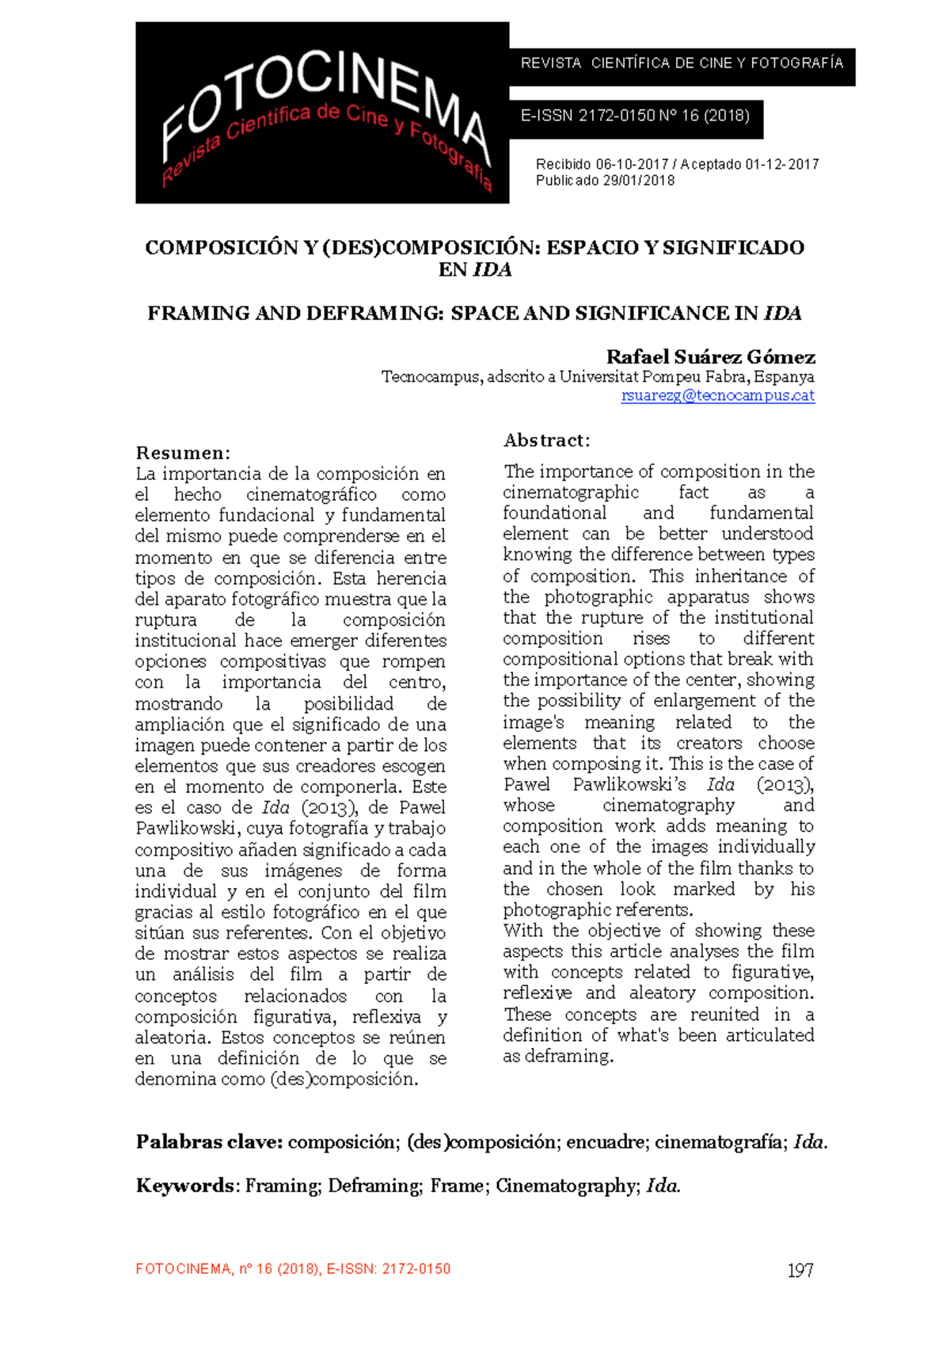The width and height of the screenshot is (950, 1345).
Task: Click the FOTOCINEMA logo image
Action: tap(322, 112)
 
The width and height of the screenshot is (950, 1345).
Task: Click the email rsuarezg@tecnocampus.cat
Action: tap(717, 395)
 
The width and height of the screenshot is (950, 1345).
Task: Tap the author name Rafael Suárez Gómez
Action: tap(710, 356)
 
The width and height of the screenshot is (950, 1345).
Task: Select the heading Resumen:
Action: tap(183, 452)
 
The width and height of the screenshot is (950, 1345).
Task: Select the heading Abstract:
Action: tap(547, 440)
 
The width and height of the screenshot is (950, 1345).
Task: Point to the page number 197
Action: tap(800, 1271)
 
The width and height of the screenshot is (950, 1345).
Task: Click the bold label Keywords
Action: tap(184, 1186)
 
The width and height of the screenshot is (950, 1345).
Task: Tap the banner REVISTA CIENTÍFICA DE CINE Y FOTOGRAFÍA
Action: tap(682, 63)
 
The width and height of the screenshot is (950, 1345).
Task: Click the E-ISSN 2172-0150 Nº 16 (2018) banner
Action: tap(635, 116)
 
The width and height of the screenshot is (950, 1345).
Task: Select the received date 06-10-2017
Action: tap(632, 164)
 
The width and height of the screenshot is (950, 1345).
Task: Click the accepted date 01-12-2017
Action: tap(781, 164)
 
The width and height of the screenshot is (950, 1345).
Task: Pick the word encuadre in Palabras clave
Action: tap(606, 1141)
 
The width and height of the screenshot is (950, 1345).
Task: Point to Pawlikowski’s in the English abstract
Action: tap(629, 784)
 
